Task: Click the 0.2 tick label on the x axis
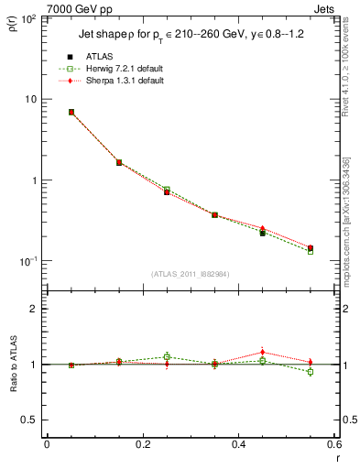[x=142, y=444]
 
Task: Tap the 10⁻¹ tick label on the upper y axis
[x=27, y=261]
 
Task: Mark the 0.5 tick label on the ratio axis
[x=30, y=420]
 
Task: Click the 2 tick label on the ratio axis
[x=35, y=309]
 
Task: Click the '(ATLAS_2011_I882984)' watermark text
[x=190, y=273]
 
